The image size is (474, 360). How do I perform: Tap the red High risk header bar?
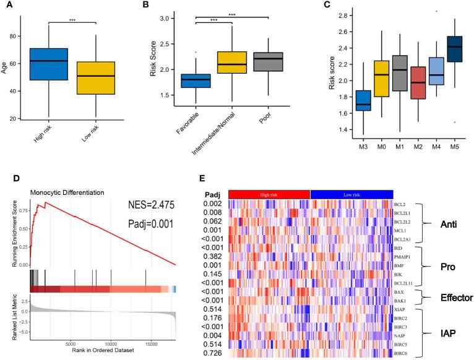click(269, 194)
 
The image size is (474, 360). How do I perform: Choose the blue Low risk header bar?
click(351, 194)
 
